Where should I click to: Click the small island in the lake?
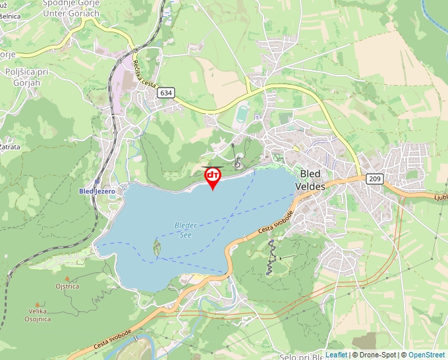click(x=157, y=247)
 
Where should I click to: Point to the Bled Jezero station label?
click(x=97, y=192)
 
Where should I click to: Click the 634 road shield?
click(x=166, y=93)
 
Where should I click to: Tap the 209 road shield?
click(x=374, y=178)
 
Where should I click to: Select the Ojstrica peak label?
click(x=67, y=286)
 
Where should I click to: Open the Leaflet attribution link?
click(x=336, y=355)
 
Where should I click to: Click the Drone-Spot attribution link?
click(x=378, y=355)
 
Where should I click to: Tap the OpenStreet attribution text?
click(x=426, y=355)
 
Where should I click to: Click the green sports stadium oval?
click(x=242, y=115)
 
